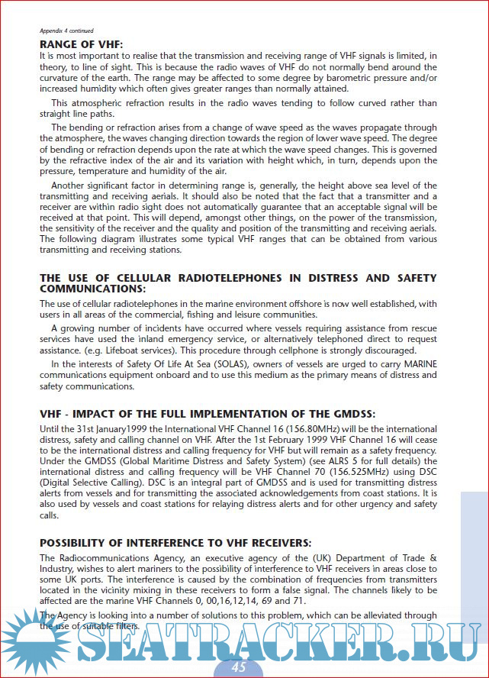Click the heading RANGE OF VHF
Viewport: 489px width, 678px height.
tap(81, 44)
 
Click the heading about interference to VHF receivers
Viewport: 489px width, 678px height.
tap(175, 543)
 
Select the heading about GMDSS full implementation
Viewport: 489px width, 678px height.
tap(208, 414)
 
